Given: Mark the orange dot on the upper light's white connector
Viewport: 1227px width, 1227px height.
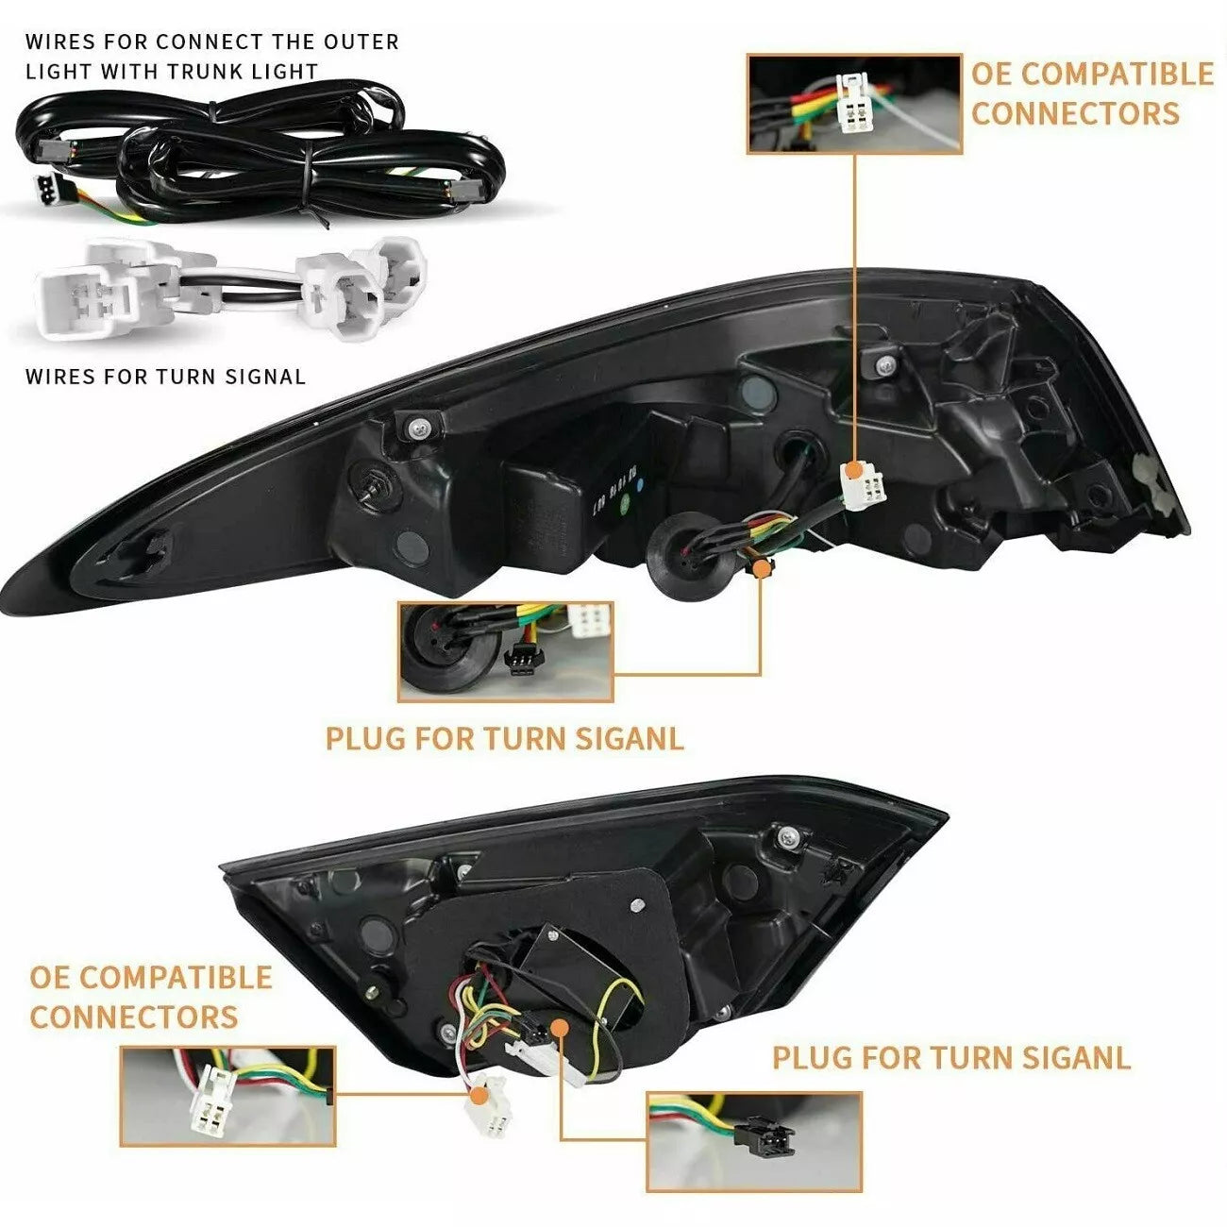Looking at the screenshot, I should click(x=852, y=469).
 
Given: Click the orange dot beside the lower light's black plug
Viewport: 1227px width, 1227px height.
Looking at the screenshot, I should click(x=560, y=1028).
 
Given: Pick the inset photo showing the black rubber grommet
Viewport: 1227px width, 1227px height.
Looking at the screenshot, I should click(x=505, y=651).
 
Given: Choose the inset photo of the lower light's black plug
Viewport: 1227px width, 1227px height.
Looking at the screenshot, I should click(x=754, y=1141).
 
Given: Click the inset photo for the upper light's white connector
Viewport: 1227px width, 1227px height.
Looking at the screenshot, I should click(x=854, y=104).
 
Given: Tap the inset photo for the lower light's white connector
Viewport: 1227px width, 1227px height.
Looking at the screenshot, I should click(x=228, y=1095).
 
